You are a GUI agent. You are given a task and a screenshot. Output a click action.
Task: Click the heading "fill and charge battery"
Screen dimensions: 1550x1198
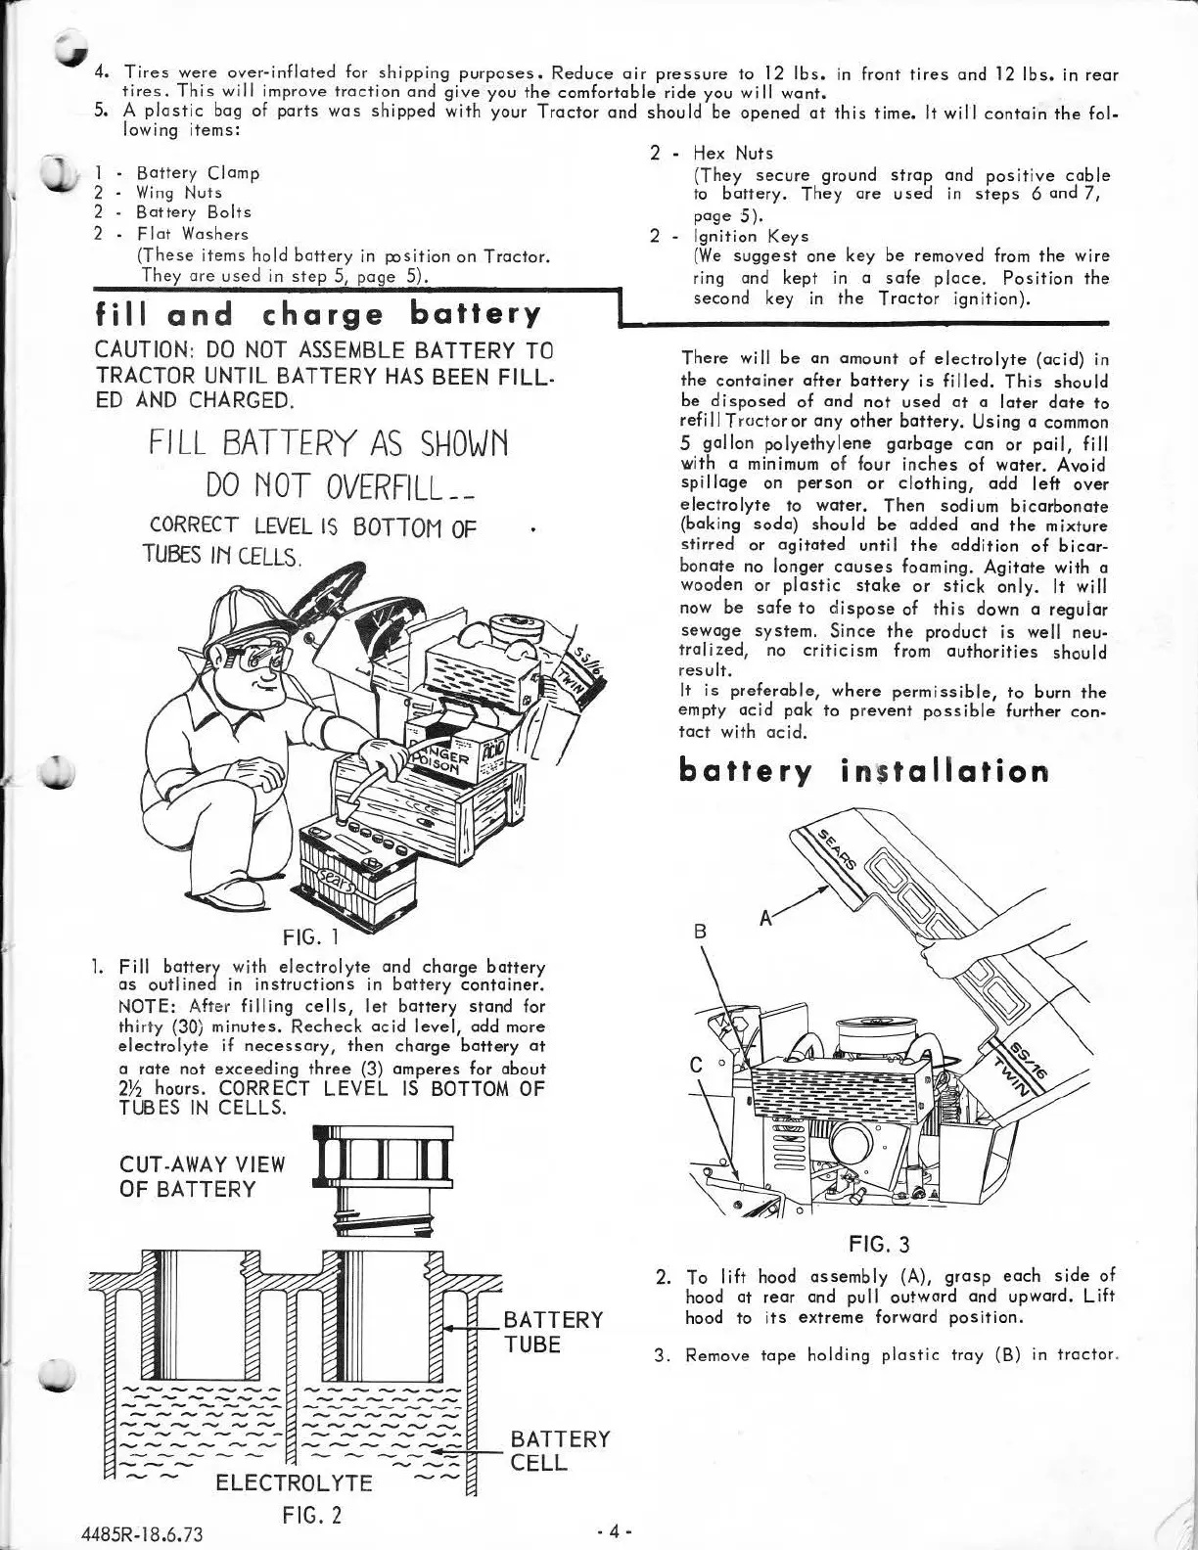point(318,315)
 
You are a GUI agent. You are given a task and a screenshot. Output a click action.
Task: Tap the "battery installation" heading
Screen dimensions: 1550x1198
point(863,772)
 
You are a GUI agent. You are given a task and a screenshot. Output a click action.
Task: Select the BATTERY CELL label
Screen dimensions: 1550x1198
point(560,1450)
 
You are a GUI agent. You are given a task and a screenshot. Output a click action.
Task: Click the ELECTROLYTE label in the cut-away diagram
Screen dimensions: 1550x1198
point(295,1482)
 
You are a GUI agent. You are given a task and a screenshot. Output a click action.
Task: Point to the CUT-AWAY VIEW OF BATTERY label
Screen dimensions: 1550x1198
point(202,1176)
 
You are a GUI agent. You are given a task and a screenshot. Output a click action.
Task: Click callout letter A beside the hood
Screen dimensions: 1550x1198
point(765,917)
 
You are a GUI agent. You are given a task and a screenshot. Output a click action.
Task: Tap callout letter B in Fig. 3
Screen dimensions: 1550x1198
point(700,933)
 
